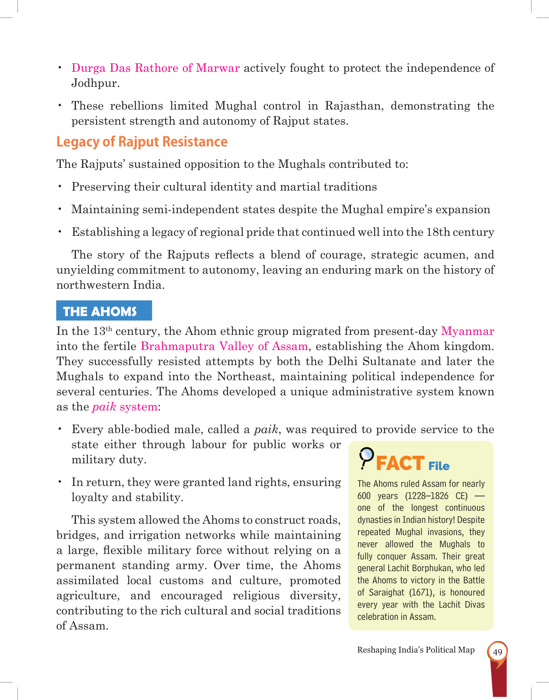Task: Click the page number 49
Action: (x=497, y=652)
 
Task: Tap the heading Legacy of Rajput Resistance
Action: (x=142, y=142)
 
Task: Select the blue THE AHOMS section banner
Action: (x=104, y=311)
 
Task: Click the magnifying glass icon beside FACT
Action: (x=366, y=458)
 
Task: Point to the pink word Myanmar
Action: (x=468, y=331)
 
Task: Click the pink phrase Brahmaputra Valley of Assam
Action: (x=224, y=346)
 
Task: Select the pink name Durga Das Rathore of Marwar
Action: (x=155, y=68)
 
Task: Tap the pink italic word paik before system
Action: (x=104, y=407)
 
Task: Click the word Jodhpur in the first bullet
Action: (x=95, y=83)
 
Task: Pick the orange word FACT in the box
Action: (x=400, y=463)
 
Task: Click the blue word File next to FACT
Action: (x=439, y=466)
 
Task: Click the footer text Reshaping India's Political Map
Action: (x=416, y=650)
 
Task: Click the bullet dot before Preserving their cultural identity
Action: (x=60, y=186)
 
